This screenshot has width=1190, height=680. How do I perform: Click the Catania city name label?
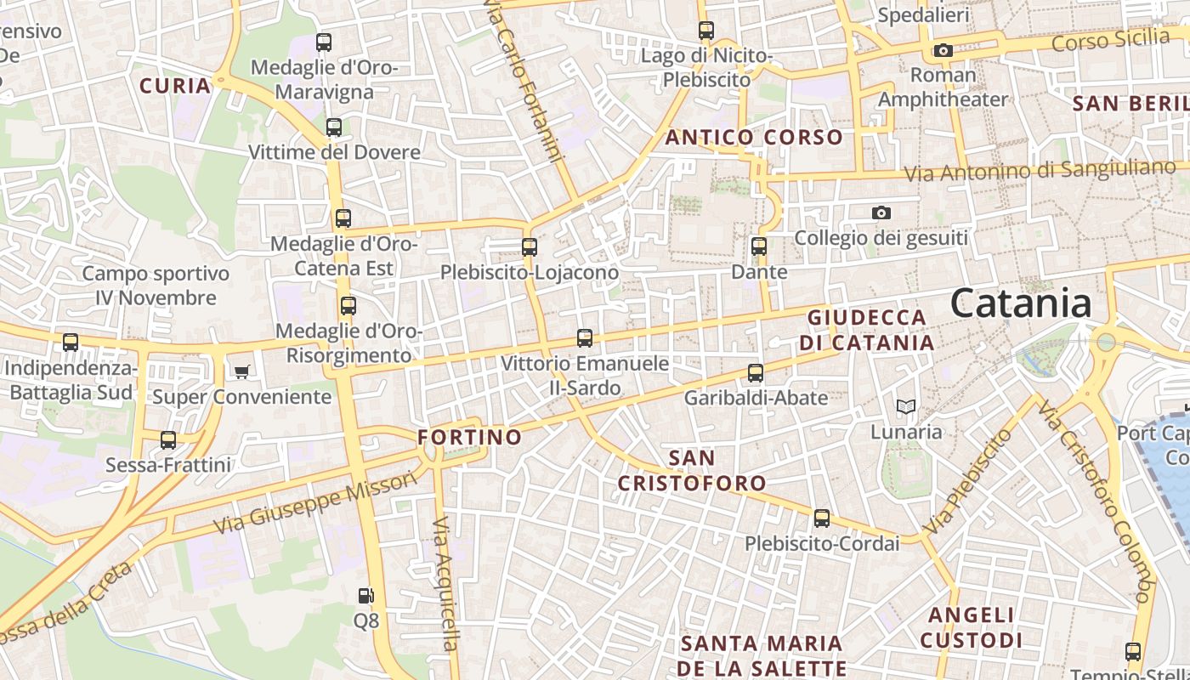tap(1020, 303)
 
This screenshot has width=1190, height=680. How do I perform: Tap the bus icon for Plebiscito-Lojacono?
tap(530, 247)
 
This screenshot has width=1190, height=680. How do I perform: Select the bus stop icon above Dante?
tap(759, 247)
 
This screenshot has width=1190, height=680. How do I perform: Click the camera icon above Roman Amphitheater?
tap(943, 51)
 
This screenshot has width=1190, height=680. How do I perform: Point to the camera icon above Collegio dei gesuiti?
tap(881, 212)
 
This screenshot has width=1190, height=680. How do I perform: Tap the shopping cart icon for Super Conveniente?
tap(242, 371)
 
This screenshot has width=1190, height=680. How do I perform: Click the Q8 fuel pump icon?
tap(365, 596)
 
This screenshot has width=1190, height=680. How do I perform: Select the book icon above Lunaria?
tap(906, 407)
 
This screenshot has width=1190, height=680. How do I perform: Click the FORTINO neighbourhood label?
tap(469, 437)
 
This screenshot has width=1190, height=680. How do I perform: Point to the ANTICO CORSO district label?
tap(754, 137)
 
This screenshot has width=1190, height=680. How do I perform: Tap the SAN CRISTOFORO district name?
tap(691, 471)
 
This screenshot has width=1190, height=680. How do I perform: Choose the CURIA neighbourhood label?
tap(175, 85)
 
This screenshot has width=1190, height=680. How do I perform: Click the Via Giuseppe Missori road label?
tap(315, 503)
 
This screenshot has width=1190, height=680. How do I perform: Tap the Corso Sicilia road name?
tap(1110, 39)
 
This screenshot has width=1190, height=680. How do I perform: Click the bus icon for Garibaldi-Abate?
tap(756, 373)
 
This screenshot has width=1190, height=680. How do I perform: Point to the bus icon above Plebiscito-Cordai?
tap(821, 518)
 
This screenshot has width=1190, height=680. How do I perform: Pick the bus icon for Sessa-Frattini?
tap(168, 440)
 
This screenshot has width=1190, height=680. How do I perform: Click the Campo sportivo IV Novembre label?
tap(156, 286)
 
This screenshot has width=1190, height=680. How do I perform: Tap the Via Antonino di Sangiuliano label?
tap(1039, 170)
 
